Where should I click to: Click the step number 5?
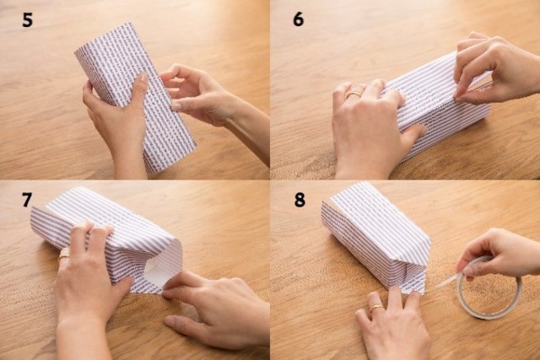tap(27, 20)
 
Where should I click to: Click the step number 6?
tap(298, 19)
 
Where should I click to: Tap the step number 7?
tap(27, 200)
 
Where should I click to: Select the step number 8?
tap(300, 200)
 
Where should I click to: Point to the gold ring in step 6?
tap(354, 94)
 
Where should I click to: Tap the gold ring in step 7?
tap(63, 256)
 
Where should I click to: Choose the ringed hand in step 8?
tap(392, 324)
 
